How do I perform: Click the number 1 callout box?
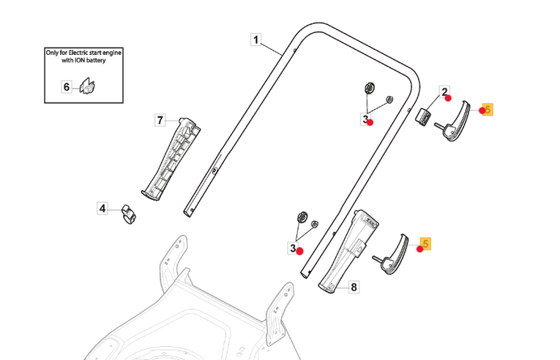[x=255, y=40]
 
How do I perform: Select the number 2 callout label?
[x=444, y=92]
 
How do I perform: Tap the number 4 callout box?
[x=103, y=209]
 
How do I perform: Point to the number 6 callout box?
[x=67, y=87]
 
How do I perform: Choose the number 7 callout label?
[x=160, y=120]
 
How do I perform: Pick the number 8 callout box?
[x=354, y=288]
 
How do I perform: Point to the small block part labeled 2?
[x=422, y=116]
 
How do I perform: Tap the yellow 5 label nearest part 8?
[x=426, y=242]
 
